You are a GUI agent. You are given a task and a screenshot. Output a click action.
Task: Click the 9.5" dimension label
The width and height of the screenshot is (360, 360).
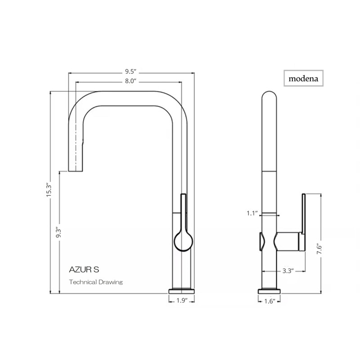131,72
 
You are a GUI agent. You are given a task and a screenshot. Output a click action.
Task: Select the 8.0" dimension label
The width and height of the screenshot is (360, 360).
131,81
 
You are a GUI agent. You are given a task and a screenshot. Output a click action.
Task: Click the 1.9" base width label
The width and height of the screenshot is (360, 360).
182,301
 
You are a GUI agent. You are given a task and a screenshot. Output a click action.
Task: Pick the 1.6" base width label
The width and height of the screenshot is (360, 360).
270,301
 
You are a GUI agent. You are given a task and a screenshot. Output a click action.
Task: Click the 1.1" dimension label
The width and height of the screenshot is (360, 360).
252,213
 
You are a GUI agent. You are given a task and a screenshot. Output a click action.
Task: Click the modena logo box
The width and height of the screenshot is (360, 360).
304,78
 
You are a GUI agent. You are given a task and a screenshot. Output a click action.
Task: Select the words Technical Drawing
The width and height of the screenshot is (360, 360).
96,282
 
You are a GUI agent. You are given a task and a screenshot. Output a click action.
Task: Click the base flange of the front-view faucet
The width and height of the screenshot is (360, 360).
182,290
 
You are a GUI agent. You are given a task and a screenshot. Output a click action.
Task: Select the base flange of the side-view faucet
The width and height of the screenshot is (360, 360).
270,291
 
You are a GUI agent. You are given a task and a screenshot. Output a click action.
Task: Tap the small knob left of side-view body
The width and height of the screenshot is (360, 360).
260,242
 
